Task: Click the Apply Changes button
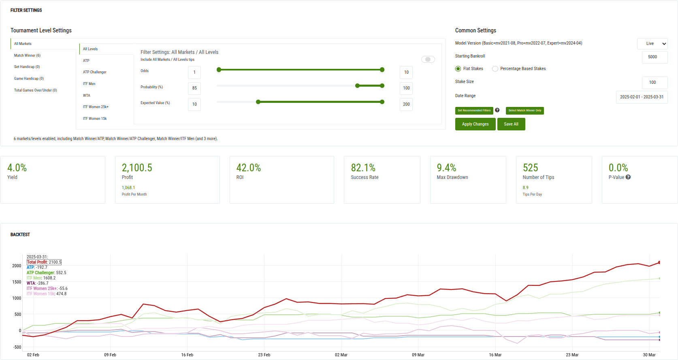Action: click(x=475, y=124)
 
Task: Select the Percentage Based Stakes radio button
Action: click(x=495, y=69)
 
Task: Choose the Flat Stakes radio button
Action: click(x=458, y=69)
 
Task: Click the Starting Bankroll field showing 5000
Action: click(x=654, y=57)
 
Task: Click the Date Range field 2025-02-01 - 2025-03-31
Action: click(x=642, y=97)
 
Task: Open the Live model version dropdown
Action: click(x=652, y=44)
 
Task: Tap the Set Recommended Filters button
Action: click(x=474, y=111)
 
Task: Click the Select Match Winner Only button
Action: click(x=524, y=111)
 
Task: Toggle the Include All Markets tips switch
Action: click(x=428, y=60)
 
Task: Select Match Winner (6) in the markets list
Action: click(x=28, y=55)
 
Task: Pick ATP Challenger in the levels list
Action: click(x=95, y=72)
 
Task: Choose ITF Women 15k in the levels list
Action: click(x=95, y=119)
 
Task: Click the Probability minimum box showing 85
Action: click(x=194, y=88)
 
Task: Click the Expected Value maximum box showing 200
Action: click(x=406, y=104)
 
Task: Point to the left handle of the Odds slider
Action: click(x=219, y=70)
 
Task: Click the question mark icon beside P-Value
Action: click(x=628, y=177)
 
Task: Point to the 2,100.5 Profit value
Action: click(x=137, y=168)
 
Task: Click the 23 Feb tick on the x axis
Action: click(x=264, y=355)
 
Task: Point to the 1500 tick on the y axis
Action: click(x=17, y=282)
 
